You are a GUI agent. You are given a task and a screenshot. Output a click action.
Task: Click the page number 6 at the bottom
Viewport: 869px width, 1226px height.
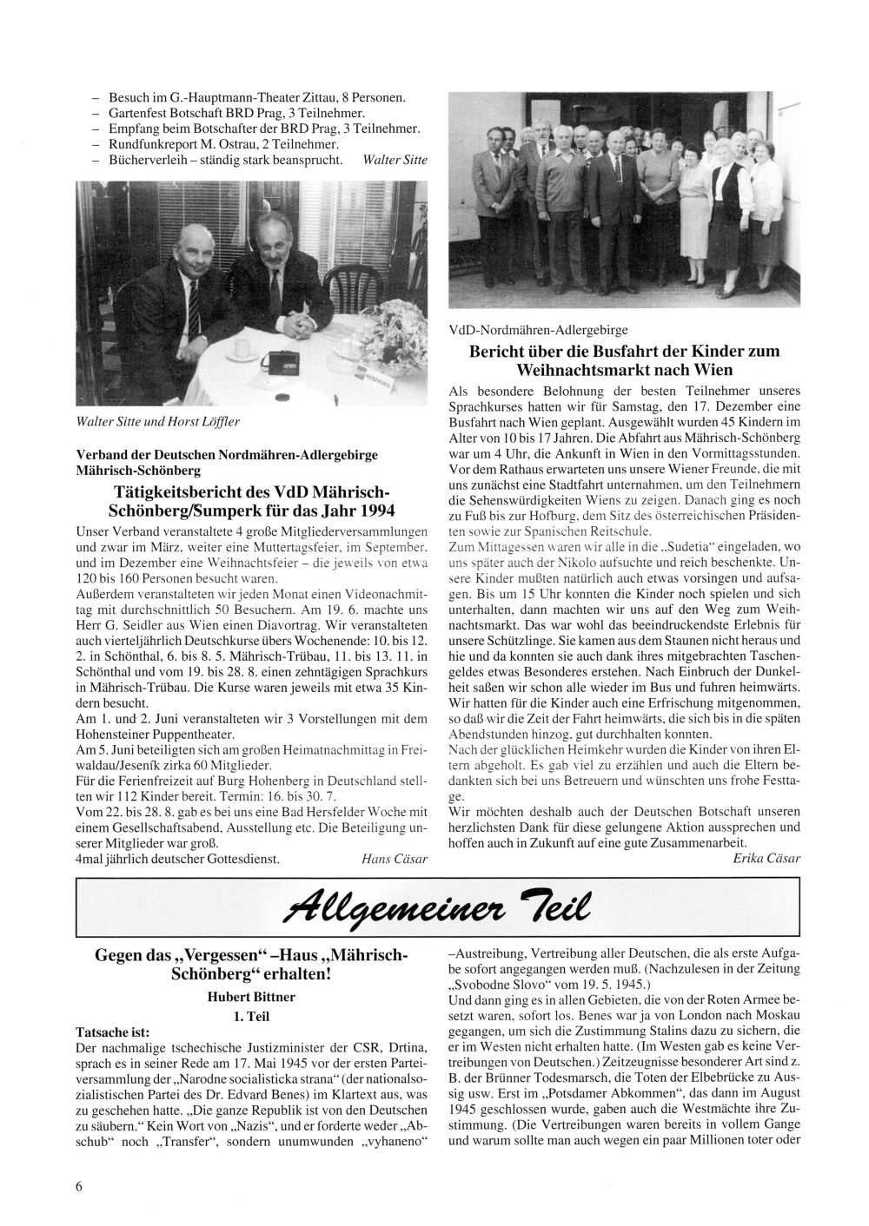tap(79, 1188)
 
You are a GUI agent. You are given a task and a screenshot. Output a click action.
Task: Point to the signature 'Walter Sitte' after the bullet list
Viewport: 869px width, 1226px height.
tap(395, 161)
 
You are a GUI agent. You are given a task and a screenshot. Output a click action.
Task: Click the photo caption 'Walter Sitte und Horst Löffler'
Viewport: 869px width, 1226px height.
tap(159, 421)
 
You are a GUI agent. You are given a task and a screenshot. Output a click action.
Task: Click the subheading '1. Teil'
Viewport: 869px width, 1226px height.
tap(251, 1015)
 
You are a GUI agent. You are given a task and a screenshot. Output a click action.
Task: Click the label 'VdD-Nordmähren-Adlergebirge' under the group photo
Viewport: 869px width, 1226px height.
tap(538, 330)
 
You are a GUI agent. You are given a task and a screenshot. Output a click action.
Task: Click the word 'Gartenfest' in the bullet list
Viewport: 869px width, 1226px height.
tap(137, 114)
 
